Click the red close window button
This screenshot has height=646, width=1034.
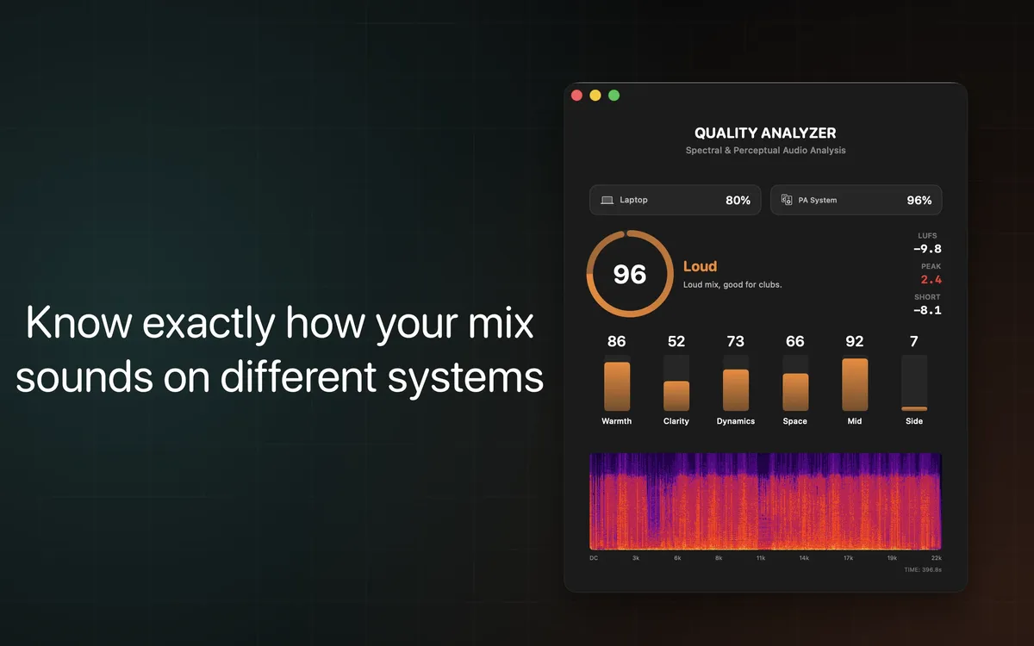click(x=576, y=96)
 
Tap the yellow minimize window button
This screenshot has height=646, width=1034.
click(x=595, y=96)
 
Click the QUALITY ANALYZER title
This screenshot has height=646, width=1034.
click(x=765, y=134)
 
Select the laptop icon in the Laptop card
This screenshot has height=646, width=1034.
click(x=607, y=200)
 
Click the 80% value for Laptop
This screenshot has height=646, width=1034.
click(x=738, y=201)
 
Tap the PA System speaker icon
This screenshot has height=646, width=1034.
click(x=787, y=200)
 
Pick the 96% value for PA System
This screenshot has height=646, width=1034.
click(x=919, y=201)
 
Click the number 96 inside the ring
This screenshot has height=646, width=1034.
click(x=629, y=274)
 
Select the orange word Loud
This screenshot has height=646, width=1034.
click(x=700, y=267)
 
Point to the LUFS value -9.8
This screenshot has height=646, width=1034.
click(x=927, y=250)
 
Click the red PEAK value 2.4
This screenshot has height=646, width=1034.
click(x=931, y=280)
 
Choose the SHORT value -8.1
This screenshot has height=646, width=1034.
click(x=927, y=311)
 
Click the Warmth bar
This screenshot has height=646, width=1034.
click(x=617, y=386)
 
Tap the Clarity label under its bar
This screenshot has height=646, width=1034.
click(x=676, y=421)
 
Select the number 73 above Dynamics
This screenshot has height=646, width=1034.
click(x=736, y=342)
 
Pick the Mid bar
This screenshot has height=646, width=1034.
click(x=855, y=384)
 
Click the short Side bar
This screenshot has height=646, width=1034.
click(x=914, y=408)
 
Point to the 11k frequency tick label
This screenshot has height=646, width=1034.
click(x=761, y=558)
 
